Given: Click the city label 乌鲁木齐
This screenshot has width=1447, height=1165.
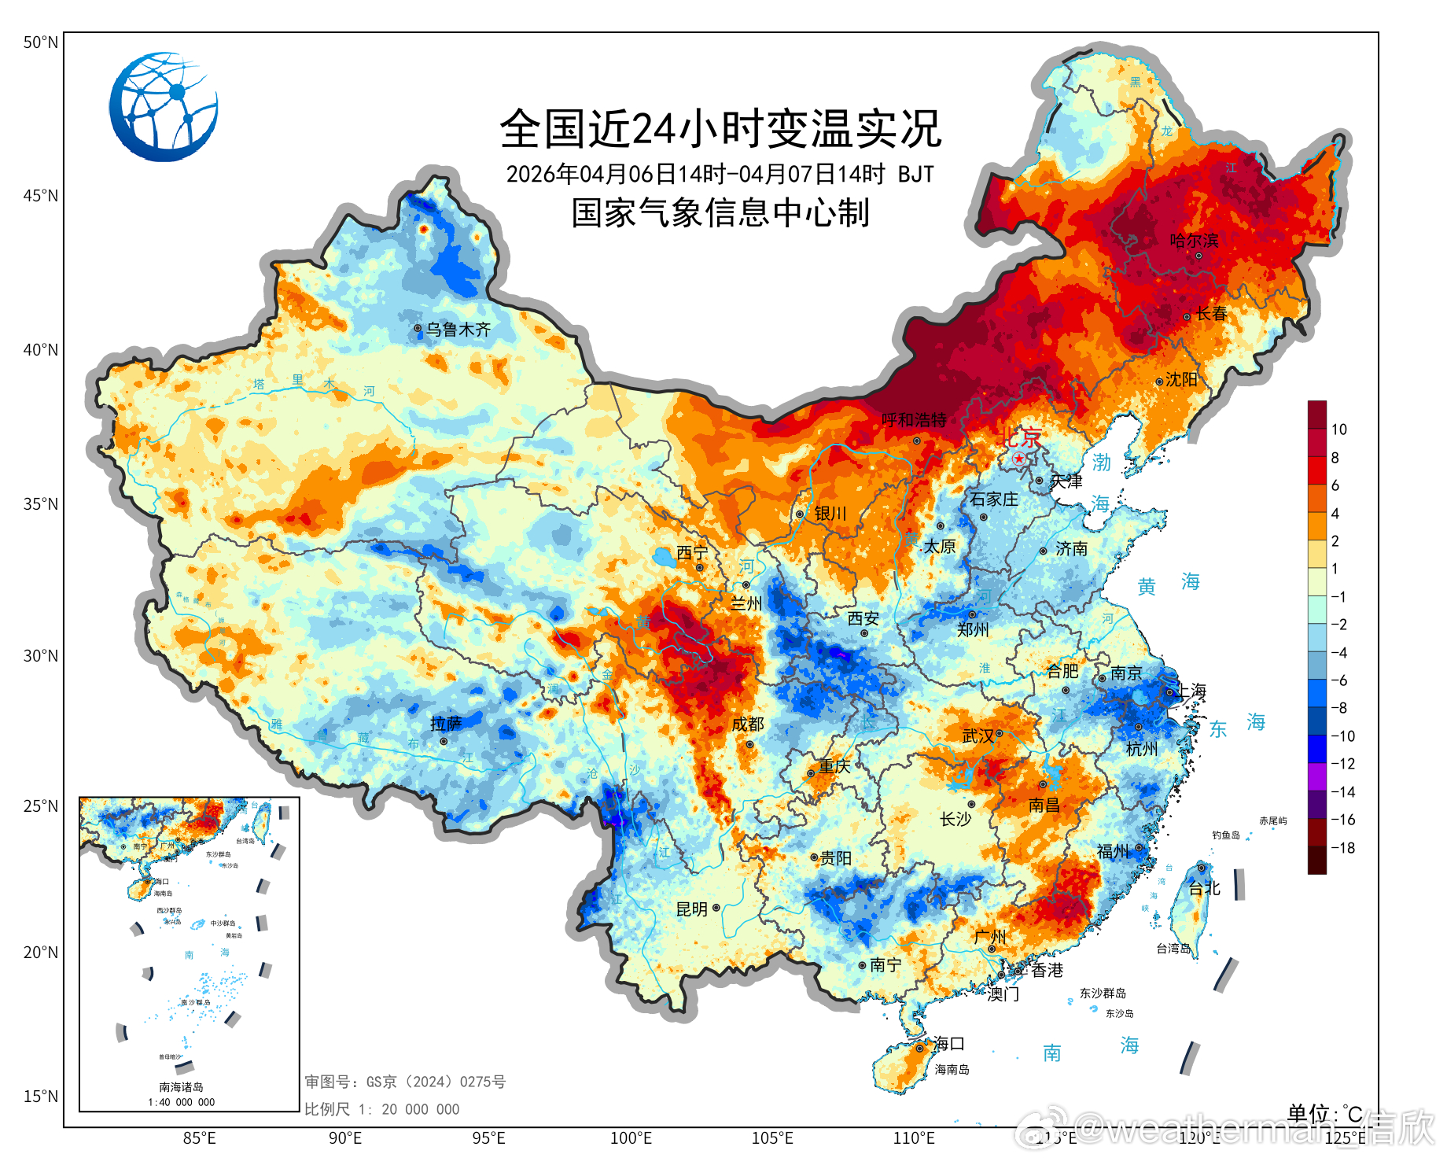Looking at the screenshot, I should click(x=458, y=330).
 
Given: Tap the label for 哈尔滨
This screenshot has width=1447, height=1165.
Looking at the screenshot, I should click(x=1194, y=241).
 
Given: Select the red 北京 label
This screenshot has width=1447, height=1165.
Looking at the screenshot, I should click(x=1021, y=437).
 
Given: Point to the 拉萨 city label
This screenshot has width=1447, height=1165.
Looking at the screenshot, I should click(x=446, y=724).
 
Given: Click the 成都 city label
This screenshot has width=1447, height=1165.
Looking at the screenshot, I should click(x=747, y=724).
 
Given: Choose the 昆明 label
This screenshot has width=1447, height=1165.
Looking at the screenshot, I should click(x=692, y=909).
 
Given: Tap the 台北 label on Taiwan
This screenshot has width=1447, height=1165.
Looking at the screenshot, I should click(x=1204, y=889).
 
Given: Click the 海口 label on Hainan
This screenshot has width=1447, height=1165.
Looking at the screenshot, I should click(x=948, y=1044).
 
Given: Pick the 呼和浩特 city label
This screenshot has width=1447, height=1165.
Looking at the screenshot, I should click(x=914, y=420).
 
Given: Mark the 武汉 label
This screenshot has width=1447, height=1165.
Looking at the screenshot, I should click(x=978, y=736).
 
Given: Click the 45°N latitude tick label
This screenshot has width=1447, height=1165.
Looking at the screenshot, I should click(x=40, y=196).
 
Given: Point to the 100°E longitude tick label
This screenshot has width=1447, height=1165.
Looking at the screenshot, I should click(x=631, y=1138).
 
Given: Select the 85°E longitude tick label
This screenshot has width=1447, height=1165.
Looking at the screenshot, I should click(x=199, y=1138).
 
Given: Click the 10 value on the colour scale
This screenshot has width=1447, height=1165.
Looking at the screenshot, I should click(x=1338, y=430).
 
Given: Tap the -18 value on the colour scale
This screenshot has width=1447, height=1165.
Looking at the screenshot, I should click(x=1342, y=848).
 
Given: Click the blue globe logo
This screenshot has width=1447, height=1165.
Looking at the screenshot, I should click(x=164, y=107).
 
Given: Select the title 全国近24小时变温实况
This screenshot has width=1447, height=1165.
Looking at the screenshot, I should click(x=720, y=129).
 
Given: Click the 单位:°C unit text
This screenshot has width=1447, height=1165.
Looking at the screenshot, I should click(x=1324, y=1114).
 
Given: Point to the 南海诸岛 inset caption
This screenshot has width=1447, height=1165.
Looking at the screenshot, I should click(x=181, y=1087).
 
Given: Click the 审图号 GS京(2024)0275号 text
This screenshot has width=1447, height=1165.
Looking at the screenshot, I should click(x=405, y=1082).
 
